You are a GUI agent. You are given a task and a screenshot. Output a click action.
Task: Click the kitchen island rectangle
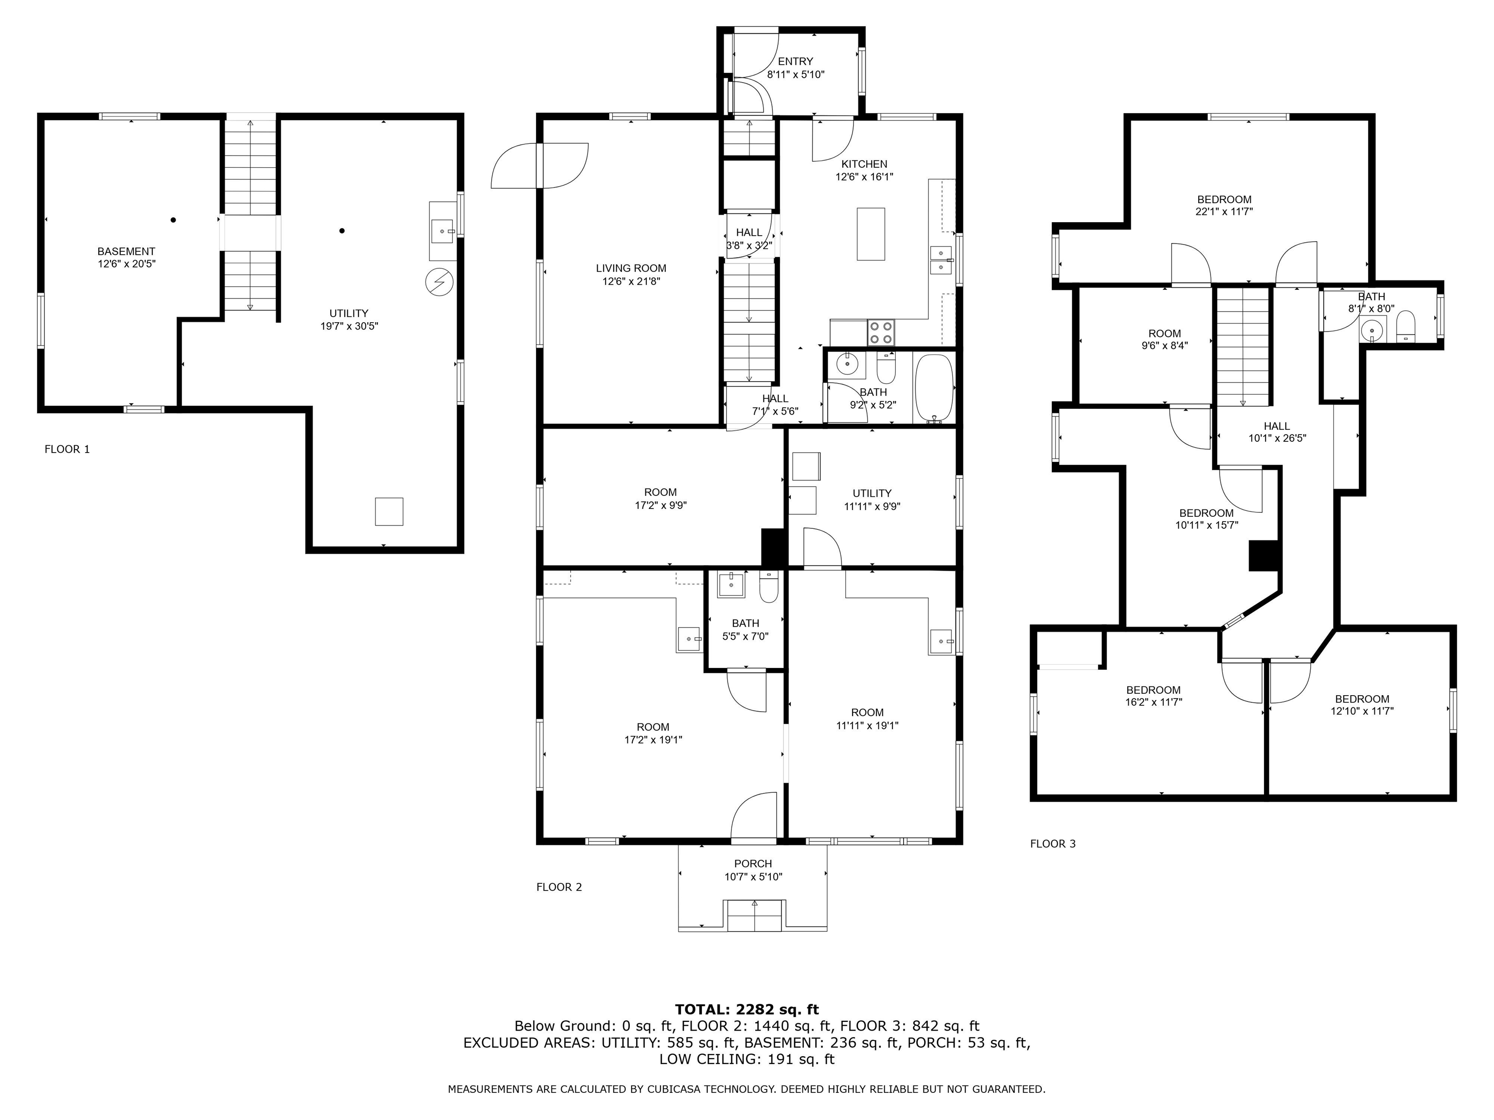[871, 234]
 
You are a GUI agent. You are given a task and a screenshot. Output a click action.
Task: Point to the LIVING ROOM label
[631, 268]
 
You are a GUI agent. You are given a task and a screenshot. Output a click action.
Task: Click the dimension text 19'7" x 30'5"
[349, 326]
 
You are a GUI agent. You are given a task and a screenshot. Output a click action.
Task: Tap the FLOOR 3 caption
[1052, 843]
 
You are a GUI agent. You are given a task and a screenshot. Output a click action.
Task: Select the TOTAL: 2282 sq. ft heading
[747, 1009]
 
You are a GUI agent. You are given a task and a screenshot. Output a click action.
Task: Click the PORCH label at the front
[752, 863]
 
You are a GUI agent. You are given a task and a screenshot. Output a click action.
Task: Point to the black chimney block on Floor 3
[1263, 556]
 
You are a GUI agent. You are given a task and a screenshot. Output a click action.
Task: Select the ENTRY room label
[795, 61]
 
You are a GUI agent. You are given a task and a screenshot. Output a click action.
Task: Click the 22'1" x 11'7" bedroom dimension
[1224, 211]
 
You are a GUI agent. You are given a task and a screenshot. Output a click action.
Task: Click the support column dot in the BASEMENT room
[174, 220]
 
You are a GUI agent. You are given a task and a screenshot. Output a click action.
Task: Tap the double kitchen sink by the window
[941, 260]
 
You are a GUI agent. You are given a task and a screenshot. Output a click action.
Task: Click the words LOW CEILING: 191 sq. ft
[747, 1059]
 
